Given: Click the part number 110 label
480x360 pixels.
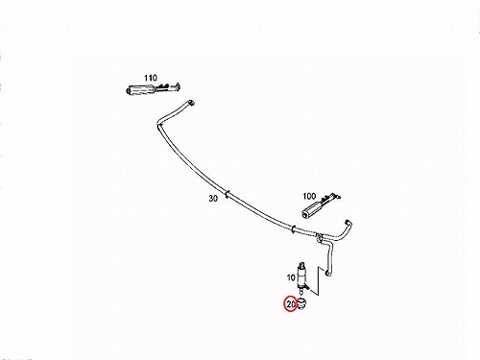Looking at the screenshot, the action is pos(151,78).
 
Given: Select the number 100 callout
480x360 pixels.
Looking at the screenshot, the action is pos(309,196).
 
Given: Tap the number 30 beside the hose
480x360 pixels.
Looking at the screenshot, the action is pos(213,199).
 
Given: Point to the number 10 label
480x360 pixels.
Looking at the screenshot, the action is pos(291,277).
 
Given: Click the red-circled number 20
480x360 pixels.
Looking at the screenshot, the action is pos(291,304).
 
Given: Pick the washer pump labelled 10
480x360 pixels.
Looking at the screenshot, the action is pos(301,276).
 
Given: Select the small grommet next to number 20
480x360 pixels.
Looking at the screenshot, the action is pos(301,303).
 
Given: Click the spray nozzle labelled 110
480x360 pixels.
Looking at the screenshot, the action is pos(153,88).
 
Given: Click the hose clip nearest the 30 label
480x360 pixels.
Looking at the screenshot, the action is pos(228,194).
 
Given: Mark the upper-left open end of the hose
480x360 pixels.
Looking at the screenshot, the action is pos(192,103).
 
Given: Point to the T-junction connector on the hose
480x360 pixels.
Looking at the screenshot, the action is pos(319,238).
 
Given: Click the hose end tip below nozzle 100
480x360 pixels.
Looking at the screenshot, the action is pos(347,222).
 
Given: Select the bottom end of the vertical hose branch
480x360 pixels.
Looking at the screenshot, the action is pos(328,273).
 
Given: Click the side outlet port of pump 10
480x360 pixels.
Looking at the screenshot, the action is pos(306,288).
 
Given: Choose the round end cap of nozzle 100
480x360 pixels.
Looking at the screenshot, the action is pos(304,215).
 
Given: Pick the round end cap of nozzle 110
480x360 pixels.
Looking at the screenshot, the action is pos(129,90).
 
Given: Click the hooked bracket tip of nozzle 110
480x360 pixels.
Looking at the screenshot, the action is pos(177,85).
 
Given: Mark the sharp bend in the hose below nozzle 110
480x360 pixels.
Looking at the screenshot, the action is pos(159,123).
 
